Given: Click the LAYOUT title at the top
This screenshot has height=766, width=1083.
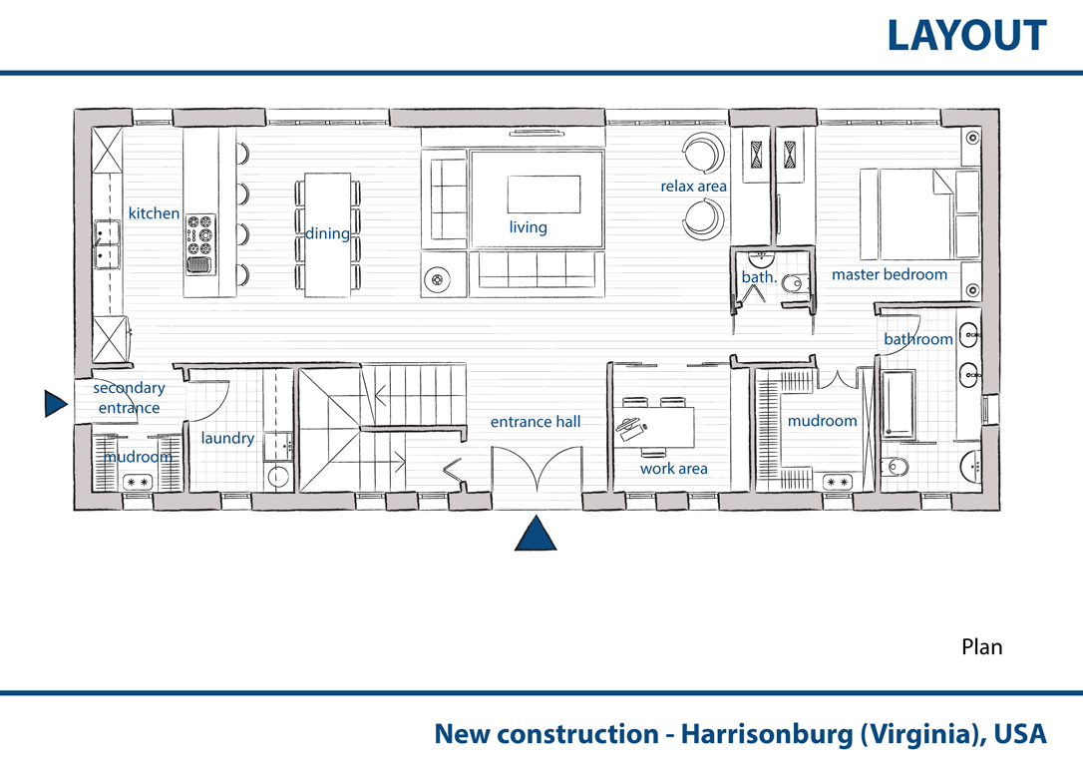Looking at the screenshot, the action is coord(966,36).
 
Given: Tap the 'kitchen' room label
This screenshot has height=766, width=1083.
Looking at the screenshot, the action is coord(154,213).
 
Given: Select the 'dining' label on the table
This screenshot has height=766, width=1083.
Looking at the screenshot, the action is coord(327,233).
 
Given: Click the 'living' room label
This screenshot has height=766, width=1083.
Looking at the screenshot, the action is coord(528,227).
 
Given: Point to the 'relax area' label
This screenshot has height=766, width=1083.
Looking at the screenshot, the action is coord(693,187).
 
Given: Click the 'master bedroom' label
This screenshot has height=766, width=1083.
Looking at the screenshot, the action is coord(890,274).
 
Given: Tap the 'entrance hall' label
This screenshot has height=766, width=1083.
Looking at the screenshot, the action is coord(536,421).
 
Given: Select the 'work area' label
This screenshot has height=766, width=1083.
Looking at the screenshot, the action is coord(673,469).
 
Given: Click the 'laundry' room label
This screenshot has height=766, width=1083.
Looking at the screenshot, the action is coord(227,438).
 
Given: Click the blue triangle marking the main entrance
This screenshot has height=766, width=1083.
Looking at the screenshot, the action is coord(536,534).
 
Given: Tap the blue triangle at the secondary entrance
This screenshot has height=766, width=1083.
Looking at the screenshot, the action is coord(55,403).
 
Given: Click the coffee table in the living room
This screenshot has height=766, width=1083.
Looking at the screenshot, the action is coord(543,194).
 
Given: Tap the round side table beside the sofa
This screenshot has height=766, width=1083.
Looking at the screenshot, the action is coord(437,279).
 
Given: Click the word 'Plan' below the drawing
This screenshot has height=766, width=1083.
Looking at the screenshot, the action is coord(981,647).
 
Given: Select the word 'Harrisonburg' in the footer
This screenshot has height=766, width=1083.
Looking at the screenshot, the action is coord(767,734).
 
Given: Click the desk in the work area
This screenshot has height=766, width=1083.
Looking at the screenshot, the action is coord(654,428).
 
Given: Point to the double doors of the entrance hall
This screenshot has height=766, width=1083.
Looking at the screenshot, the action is coord(537,469).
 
